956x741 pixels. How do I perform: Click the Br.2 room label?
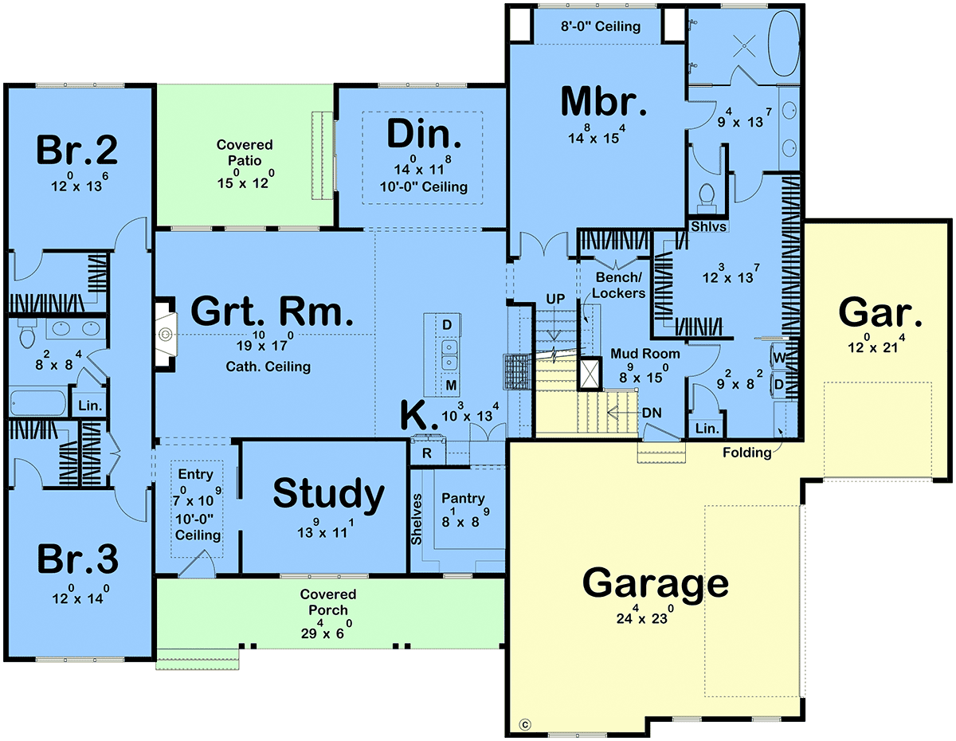click(77, 150)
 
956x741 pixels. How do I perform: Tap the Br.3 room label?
click(78, 559)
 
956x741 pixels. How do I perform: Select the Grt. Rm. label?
click(272, 311)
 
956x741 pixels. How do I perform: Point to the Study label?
click(329, 495)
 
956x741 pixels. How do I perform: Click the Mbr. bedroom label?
click(604, 101)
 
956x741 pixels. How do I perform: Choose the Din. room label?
click(424, 134)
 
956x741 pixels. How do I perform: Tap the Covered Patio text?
click(245, 152)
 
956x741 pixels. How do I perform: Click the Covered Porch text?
click(328, 602)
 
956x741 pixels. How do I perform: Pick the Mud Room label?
click(645, 353)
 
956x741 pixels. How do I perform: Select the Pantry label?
click(463, 498)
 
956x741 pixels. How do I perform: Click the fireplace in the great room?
click(166, 335)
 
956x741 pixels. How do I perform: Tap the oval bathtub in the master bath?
click(784, 43)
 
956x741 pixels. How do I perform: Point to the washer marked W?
click(779, 357)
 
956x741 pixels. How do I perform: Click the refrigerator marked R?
click(427, 453)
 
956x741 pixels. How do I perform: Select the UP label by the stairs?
click(555, 300)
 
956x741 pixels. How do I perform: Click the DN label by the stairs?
click(652, 413)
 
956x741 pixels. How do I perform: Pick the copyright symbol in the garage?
click(525, 723)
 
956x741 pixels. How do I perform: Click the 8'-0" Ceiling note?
click(601, 26)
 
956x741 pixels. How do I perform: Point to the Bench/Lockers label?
click(618, 285)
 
